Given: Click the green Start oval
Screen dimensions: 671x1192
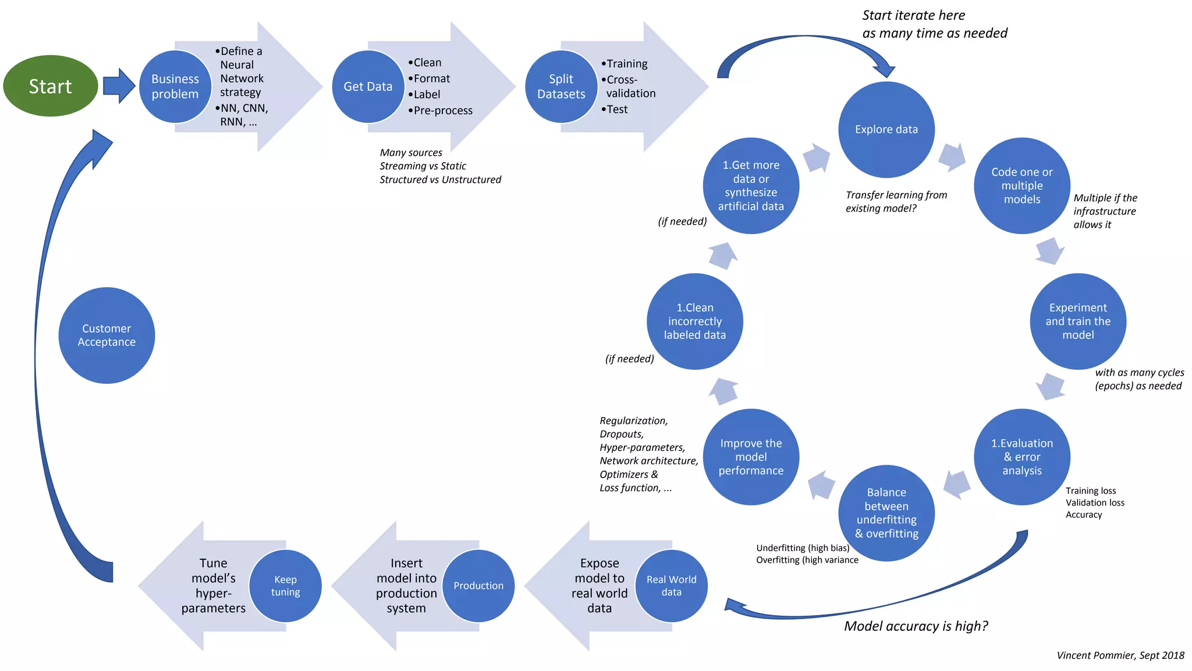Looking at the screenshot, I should pyautogui.click(x=51, y=86).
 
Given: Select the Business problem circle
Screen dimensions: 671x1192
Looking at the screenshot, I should pyautogui.click(x=175, y=86).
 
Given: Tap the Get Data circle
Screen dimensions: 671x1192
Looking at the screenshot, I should pyautogui.click(x=368, y=86).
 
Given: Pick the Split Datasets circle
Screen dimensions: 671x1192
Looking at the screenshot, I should pyautogui.click(x=561, y=86).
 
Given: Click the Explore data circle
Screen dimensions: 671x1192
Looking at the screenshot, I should pyautogui.click(x=886, y=129).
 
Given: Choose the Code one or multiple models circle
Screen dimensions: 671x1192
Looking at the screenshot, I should pyautogui.click(x=1022, y=186).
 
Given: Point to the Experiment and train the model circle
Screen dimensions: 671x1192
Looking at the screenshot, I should pyautogui.click(x=1078, y=321).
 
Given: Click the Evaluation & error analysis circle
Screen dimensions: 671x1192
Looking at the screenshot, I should pyautogui.click(x=1022, y=457).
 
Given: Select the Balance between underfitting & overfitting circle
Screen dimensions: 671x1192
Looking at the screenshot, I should pyautogui.click(x=886, y=513).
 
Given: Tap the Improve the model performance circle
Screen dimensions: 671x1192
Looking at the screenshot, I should pyautogui.click(x=751, y=457).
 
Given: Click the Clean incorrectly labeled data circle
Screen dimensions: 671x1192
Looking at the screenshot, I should pyautogui.click(x=694, y=321).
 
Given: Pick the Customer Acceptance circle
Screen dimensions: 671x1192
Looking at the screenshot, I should pyautogui.click(x=107, y=335).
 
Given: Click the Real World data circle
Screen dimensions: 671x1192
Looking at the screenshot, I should pyautogui.click(x=671, y=585).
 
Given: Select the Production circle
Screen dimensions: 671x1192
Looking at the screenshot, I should pyautogui.click(x=478, y=585).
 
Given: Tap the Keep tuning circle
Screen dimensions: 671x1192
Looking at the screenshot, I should pyautogui.click(x=285, y=585).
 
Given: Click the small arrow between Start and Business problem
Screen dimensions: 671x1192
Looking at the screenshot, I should pyautogui.click(x=119, y=86).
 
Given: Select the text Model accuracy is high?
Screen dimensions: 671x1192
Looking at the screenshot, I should pyautogui.click(x=916, y=626).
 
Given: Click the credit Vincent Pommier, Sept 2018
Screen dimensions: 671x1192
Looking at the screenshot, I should pyautogui.click(x=1120, y=655).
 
